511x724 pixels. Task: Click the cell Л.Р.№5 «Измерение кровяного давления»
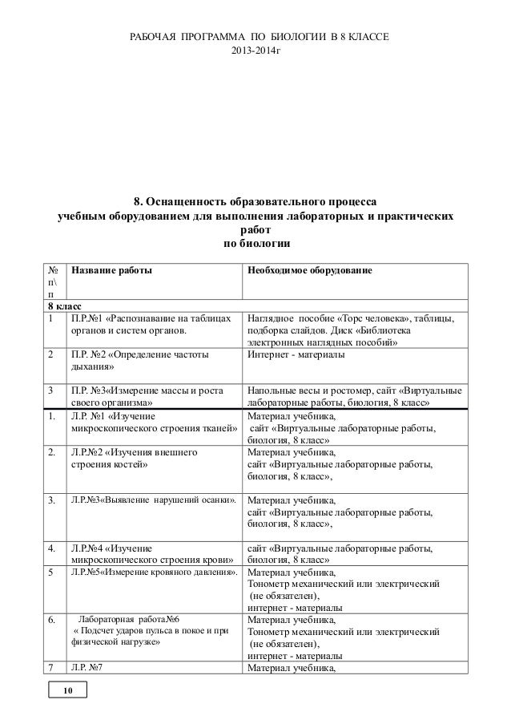coord(155,572)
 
